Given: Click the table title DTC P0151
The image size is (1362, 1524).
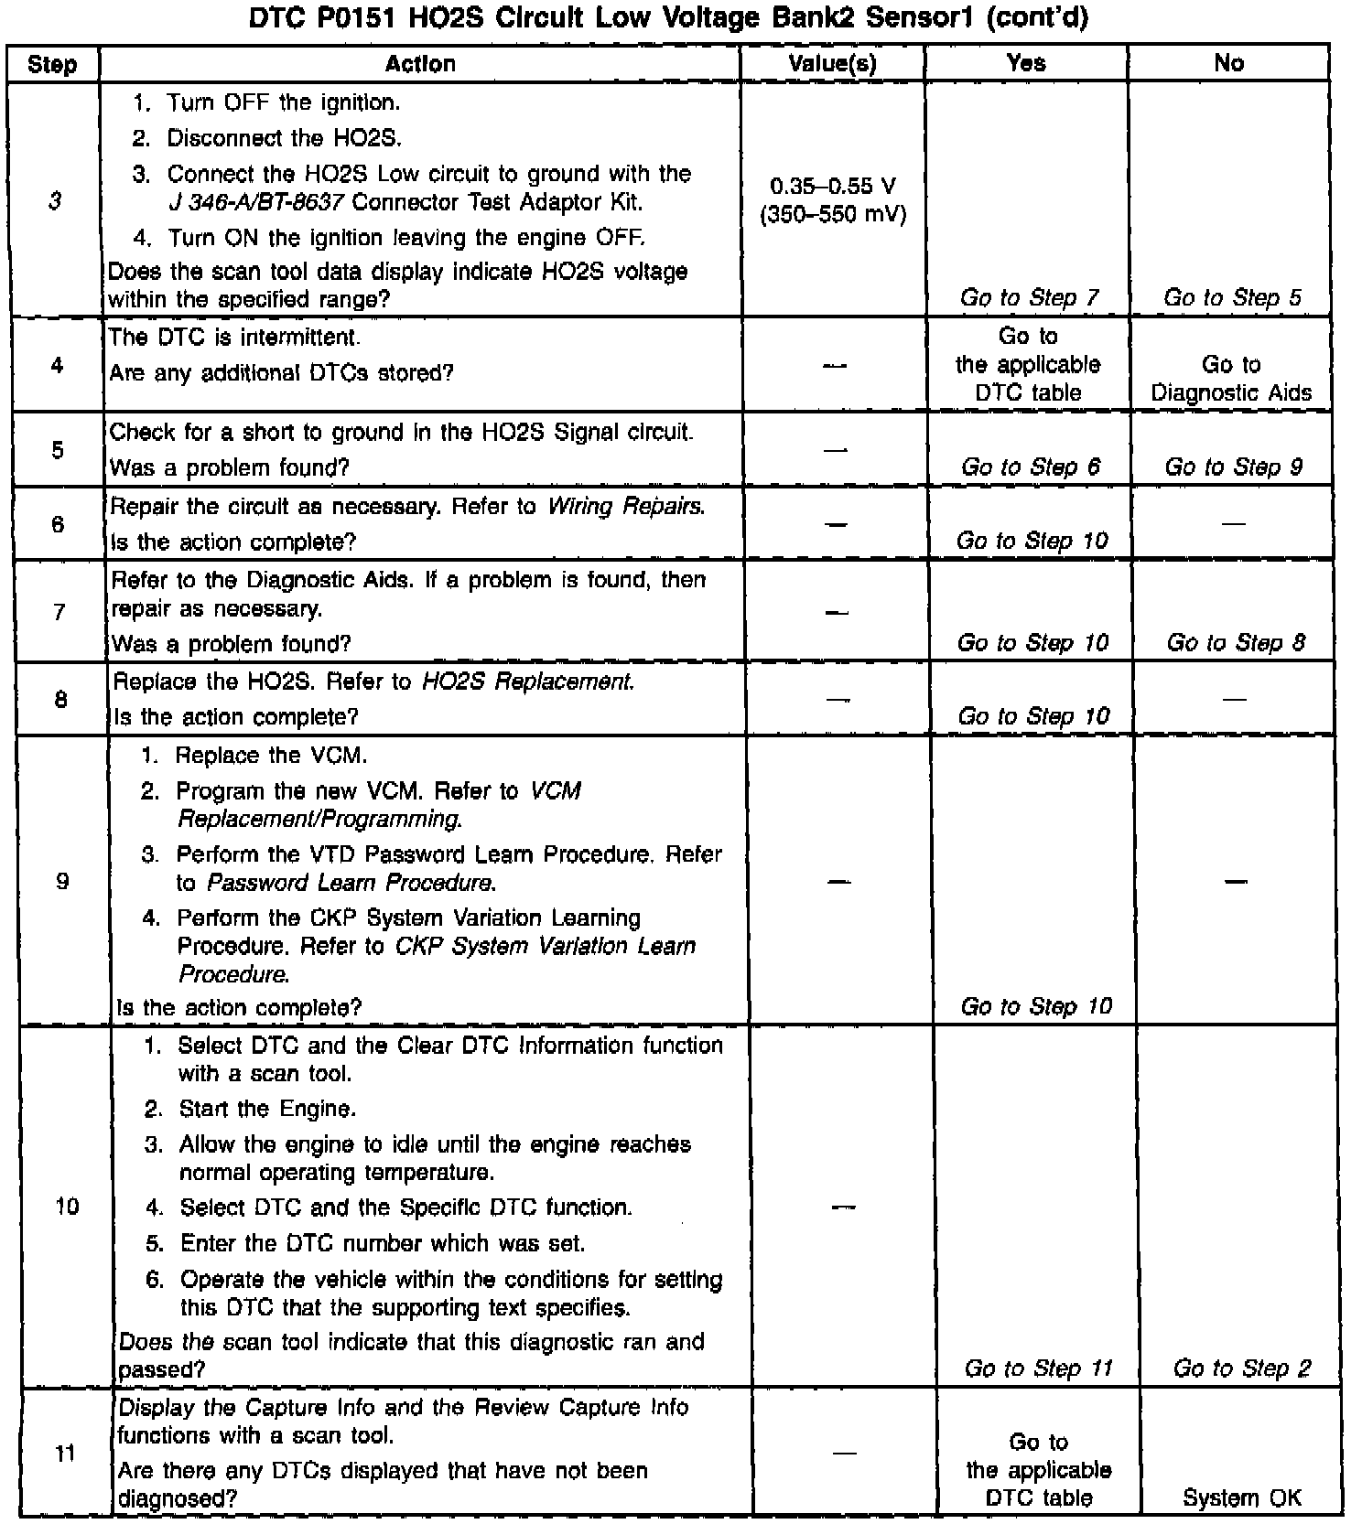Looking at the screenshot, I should point(669,18).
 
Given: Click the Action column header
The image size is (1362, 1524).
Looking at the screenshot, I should point(420,63).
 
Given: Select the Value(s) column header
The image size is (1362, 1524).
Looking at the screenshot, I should point(832,63).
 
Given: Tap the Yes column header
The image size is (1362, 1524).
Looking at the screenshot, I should point(1026,63).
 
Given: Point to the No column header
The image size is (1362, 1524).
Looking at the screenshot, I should point(1228,63).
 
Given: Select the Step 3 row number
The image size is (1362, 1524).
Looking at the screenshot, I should point(55,201).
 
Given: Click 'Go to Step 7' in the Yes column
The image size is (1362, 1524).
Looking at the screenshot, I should point(1030,297).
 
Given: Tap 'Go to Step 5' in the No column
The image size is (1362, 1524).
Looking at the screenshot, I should point(1232,297).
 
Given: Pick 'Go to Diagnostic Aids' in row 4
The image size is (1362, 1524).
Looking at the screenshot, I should point(1231,379).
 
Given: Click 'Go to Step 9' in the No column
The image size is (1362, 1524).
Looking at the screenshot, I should point(1233,467).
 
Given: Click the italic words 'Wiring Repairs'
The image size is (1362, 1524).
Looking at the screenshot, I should point(626,507).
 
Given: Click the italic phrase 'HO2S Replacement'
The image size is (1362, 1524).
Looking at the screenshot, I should point(527,682).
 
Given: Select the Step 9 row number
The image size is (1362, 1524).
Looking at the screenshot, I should point(62,882).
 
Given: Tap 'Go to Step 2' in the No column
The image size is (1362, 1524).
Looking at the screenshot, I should point(1242,1368).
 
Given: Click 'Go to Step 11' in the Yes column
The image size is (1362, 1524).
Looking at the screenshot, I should point(1038,1368).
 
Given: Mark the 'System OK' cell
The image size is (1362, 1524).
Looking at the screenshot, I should point(1242,1498).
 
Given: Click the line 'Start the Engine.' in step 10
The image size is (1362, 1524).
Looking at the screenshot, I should point(266,1110).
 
